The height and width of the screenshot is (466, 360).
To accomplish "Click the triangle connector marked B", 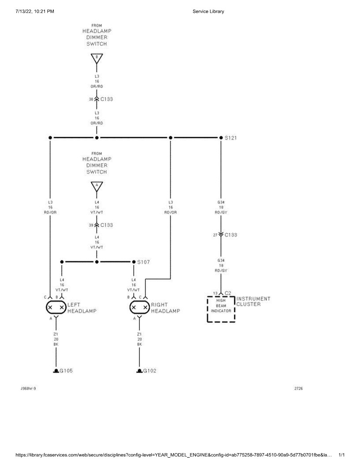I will click(x=97, y=58).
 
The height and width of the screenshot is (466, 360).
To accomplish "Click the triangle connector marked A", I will click(x=97, y=186).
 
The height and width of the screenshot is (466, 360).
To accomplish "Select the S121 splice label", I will click(x=231, y=138).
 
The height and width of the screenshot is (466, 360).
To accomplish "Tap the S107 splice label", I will click(x=143, y=262).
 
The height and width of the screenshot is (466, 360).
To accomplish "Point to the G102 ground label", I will click(x=149, y=371).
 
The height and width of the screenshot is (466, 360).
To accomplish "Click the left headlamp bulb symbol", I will click(x=56, y=307).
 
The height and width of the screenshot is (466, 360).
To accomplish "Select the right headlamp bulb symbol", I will click(x=139, y=307).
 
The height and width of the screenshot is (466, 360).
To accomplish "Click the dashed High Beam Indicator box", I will click(x=221, y=309).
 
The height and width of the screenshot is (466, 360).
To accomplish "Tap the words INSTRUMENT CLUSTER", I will click(x=253, y=301).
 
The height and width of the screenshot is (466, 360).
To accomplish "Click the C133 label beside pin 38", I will click(x=106, y=99).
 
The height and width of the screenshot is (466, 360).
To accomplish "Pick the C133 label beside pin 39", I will click(x=106, y=225).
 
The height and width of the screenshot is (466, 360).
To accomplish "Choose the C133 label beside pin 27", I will click(x=231, y=235).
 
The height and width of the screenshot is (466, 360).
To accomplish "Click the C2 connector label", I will click(x=228, y=293).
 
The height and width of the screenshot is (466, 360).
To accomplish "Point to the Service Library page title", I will click(x=208, y=11).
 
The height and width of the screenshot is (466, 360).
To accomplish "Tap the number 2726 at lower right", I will click(x=299, y=389).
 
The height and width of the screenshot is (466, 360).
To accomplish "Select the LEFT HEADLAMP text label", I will click(x=82, y=308).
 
